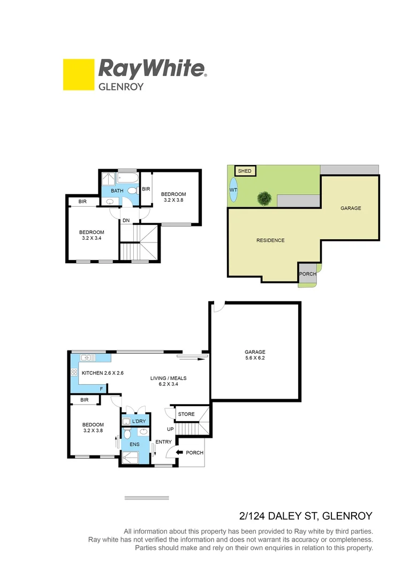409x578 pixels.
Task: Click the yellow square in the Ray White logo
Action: click(79, 74)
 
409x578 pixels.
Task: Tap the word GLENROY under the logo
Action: click(121, 86)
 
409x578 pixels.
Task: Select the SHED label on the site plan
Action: click(245, 171)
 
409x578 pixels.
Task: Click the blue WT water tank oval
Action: click(233, 190)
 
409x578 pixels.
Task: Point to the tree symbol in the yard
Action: click(263, 199)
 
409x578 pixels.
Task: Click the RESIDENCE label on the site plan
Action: click(270, 240)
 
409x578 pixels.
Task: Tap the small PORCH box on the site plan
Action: click(307, 274)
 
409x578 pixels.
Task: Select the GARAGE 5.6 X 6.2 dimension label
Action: click(254, 355)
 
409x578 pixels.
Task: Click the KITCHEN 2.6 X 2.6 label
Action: click(102, 372)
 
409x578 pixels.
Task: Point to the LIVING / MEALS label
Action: click(169, 381)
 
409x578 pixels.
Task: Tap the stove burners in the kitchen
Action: click(74, 372)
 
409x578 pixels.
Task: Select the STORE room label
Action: click(186, 414)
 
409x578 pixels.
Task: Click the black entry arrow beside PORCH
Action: click(180, 453)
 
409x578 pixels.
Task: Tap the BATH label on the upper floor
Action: click(117, 191)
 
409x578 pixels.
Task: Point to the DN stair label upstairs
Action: click(126, 220)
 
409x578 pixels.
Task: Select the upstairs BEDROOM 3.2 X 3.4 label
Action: click(92, 235)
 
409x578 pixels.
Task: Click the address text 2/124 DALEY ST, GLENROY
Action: click(305, 516)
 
